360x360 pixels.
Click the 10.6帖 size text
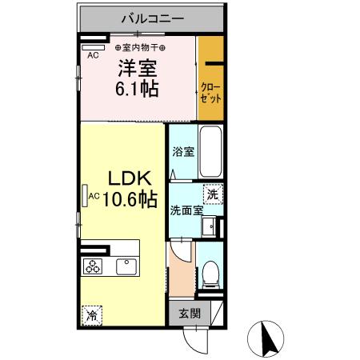(x=129, y=198)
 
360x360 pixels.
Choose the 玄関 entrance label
(x=190, y=312)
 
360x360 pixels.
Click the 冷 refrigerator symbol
(x=91, y=314)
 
